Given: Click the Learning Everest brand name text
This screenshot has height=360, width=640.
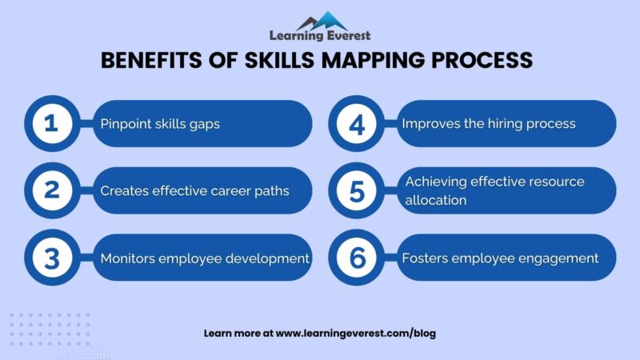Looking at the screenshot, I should click(320, 36).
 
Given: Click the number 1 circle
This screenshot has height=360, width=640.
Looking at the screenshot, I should click(51, 124).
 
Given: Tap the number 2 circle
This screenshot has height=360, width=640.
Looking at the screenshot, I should click(51, 190).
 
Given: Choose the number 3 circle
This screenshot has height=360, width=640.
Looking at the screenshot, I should click(51, 258).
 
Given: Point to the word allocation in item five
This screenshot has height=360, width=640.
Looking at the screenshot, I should click(436, 200).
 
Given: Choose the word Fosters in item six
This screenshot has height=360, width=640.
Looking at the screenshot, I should click(426, 258).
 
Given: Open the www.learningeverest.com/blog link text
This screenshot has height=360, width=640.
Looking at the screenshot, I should click(356, 333).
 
